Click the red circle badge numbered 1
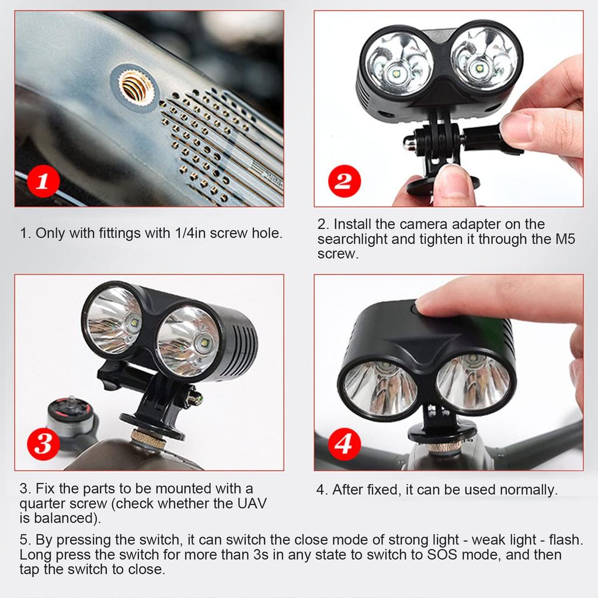tap(42, 181)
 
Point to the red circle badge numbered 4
tap(343, 445)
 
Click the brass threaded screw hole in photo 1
tap(137, 88)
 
